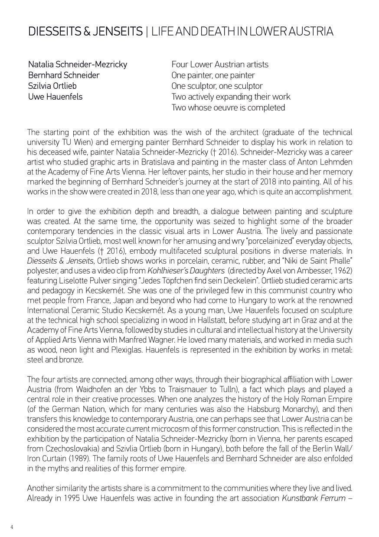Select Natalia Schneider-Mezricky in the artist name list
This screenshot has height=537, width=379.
(78, 65)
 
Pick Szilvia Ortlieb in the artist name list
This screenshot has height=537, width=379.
(52, 86)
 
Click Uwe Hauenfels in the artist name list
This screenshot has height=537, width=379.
(55, 97)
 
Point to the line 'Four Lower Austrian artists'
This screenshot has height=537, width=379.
(220, 65)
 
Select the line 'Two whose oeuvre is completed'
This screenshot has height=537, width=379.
(228, 107)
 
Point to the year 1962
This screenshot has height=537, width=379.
(343, 271)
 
